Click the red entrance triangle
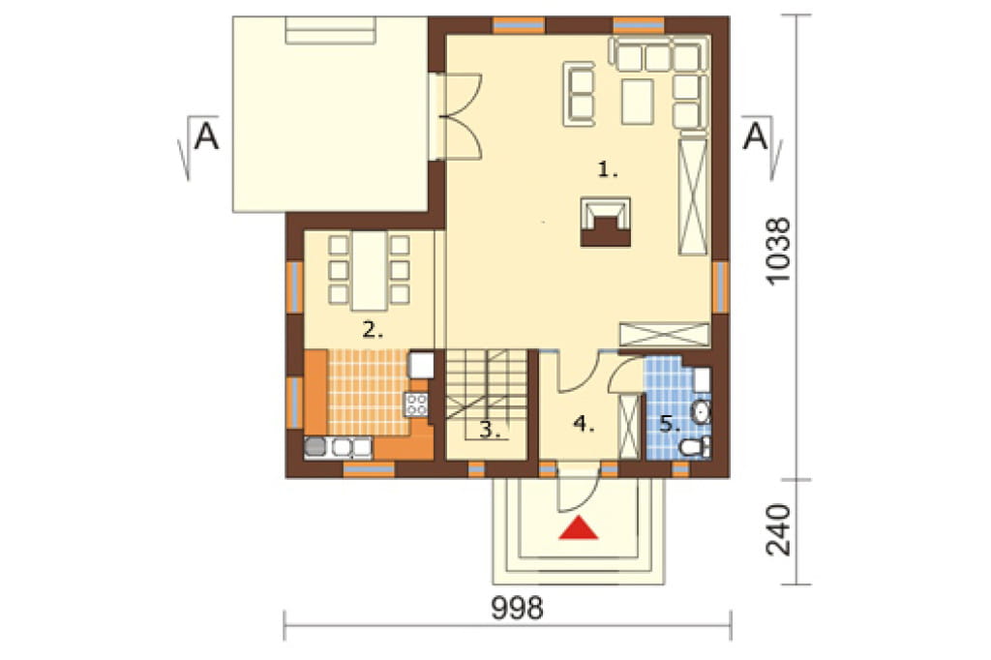pyautogui.click(x=579, y=528)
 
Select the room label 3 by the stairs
pyautogui.click(x=490, y=430)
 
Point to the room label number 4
pyautogui.click(x=584, y=424)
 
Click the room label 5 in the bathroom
pyautogui.click(x=670, y=424)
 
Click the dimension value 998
pyautogui.click(x=517, y=608)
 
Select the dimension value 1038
pyautogui.click(x=778, y=252)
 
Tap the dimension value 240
pyautogui.click(x=778, y=529)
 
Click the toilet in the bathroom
pyautogui.click(x=695, y=446)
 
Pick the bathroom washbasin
pyautogui.click(x=701, y=413)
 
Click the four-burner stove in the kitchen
pyautogui.click(x=416, y=404)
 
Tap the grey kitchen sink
pyautogui.click(x=315, y=447)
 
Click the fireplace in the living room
pyautogui.click(x=606, y=222)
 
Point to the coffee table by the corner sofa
pyautogui.click(x=637, y=102)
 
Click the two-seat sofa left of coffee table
pyautogui.click(x=579, y=92)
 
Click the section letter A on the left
pyautogui.click(x=206, y=135)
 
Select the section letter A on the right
pyautogui.click(x=755, y=135)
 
